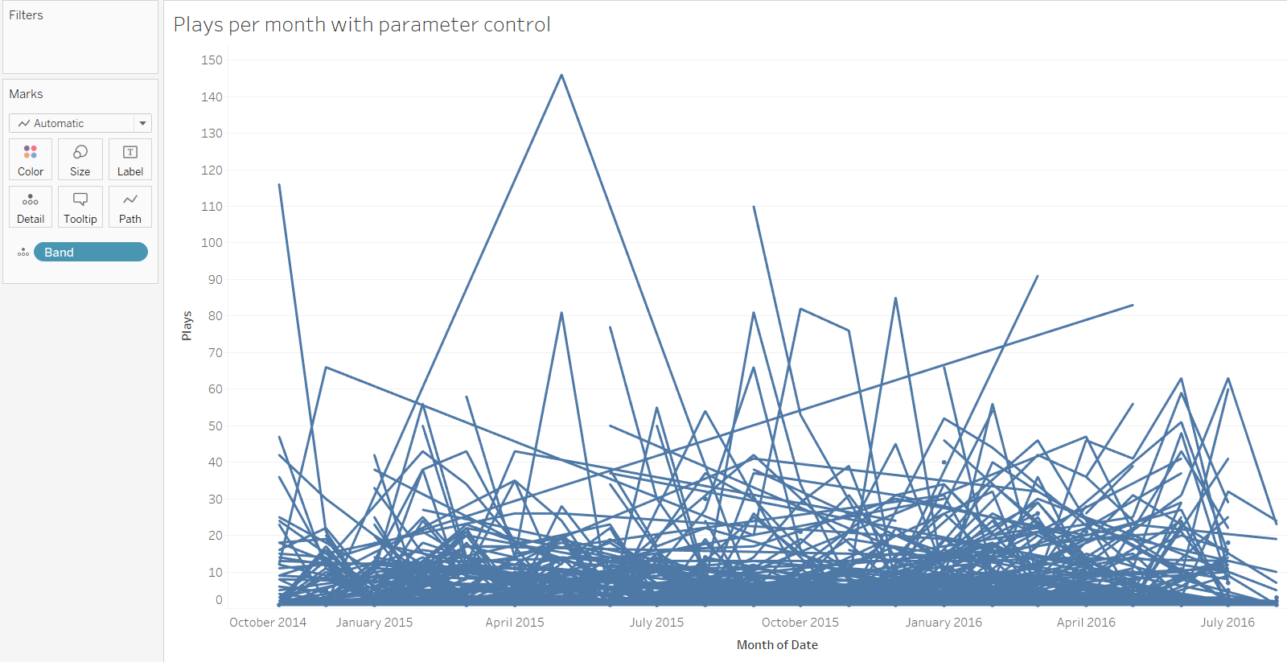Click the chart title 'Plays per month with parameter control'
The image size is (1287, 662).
pos(362,25)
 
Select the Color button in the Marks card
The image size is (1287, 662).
pos(31,159)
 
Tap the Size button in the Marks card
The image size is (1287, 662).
pos(80,159)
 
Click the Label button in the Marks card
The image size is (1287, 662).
pos(130,159)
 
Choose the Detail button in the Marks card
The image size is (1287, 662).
pos(31,207)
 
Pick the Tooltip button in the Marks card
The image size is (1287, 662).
pos(80,207)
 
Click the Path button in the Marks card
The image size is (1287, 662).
pos(130,207)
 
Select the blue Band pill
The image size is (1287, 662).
pos(90,252)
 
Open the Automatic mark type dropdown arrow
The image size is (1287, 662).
pos(142,123)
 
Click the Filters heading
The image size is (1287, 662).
pos(26,15)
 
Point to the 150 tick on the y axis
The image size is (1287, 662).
pos(212,60)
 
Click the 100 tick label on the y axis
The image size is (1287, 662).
pos(212,243)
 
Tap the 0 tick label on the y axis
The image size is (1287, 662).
pos(218,599)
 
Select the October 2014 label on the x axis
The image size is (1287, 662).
pos(268,623)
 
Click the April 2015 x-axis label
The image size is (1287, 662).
pos(515,623)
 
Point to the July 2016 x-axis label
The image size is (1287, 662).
pos(1227,623)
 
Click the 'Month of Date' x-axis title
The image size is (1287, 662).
pos(777,645)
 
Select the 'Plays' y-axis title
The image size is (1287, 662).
pos(187,326)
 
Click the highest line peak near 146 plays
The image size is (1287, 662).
pos(561,76)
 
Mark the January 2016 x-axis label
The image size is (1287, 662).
pos(944,623)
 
